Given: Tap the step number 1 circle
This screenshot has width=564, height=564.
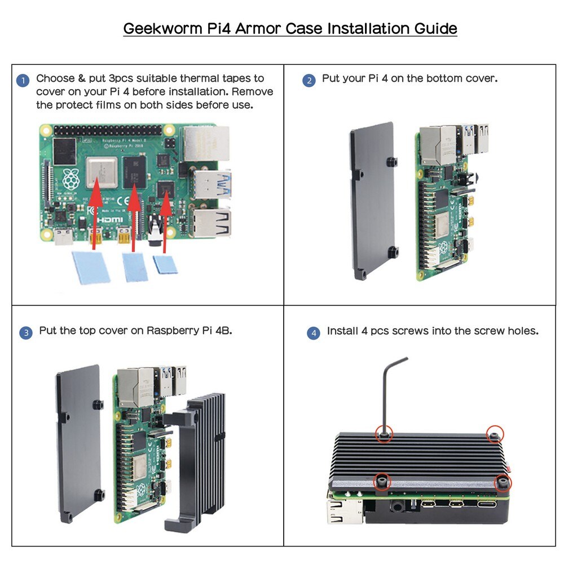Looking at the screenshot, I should tap(23, 81).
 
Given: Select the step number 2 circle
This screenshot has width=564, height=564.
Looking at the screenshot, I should tap(309, 81).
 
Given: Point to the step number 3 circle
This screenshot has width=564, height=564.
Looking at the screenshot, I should tap(26, 333).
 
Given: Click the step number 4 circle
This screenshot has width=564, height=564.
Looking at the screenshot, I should tap(314, 333).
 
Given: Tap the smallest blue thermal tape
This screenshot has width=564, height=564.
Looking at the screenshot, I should tap(165, 265).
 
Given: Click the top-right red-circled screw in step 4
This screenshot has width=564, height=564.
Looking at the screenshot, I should tap(494, 433).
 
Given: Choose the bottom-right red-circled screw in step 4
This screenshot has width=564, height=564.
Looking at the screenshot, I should tap(501, 482).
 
